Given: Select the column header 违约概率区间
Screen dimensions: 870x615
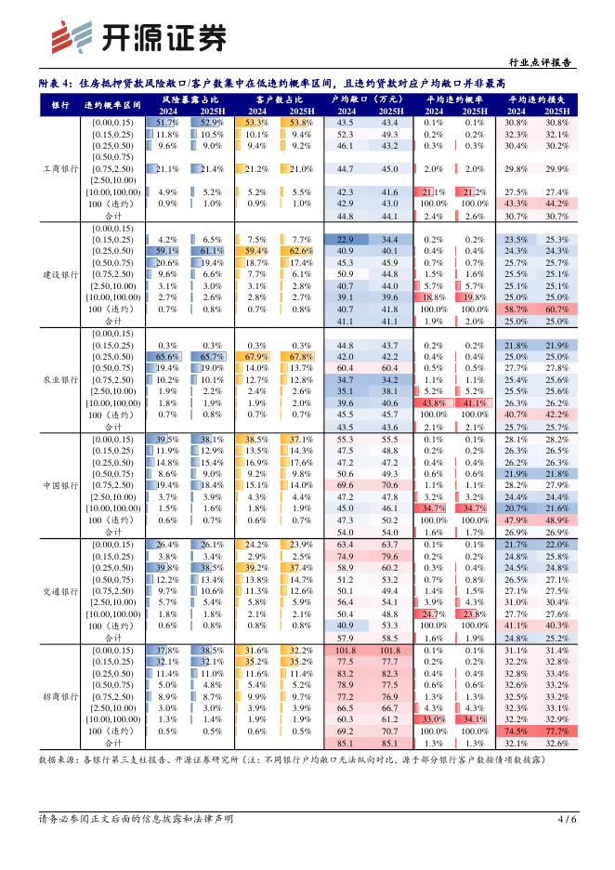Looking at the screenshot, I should click(x=112, y=104).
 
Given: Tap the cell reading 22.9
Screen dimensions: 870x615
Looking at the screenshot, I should click(x=346, y=239).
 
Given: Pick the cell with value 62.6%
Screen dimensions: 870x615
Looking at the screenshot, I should click(x=299, y=251).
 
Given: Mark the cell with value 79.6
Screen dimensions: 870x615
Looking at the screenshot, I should click(x=389, y=556).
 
